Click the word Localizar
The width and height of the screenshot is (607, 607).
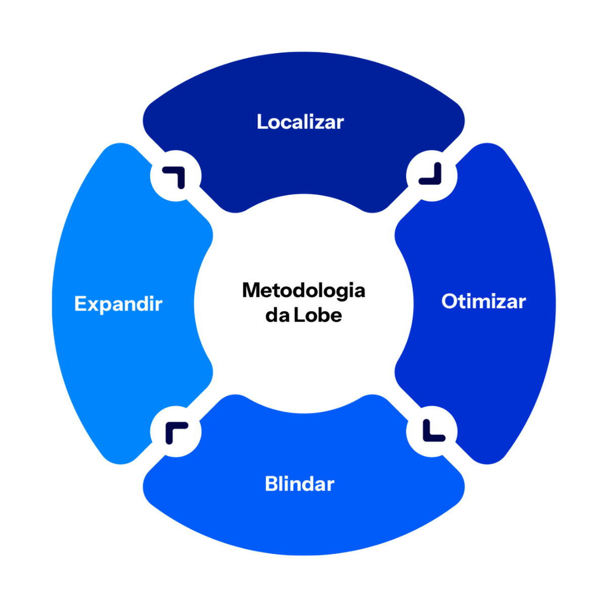(x=300, y=122)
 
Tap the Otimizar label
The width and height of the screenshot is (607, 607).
(x=484, y=301)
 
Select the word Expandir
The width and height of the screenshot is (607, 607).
(x=118, y=304)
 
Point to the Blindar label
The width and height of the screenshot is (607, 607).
(x=299, y=484)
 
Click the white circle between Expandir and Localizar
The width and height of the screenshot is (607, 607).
(x=176, y=176)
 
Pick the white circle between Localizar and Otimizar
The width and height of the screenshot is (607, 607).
(x=431, y=175)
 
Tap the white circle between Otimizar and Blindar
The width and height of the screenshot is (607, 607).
(x=431, y=431)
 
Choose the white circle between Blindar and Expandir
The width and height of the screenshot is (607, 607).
(x=176, y=431)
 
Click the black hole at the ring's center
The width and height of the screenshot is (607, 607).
(x=303, y=303)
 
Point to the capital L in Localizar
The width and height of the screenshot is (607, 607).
(x=262, y=122)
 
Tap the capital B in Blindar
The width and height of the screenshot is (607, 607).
(x=272, y=484)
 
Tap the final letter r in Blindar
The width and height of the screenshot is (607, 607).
(x=330, y=485)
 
